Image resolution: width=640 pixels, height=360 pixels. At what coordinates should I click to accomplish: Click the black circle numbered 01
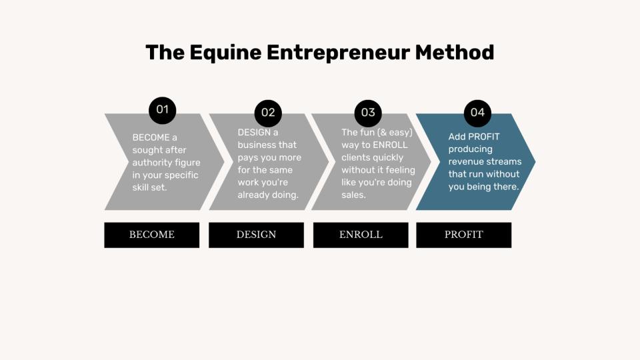point(163,110)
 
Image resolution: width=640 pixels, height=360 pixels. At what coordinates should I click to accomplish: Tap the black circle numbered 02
point(268,113)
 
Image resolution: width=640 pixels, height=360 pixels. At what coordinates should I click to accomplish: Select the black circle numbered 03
point(368,113)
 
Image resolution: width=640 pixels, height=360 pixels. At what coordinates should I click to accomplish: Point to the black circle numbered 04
point(477,113)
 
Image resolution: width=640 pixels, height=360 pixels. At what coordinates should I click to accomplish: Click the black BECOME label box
point(152,235)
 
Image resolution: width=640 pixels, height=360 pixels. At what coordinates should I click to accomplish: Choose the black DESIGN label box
point(256,235)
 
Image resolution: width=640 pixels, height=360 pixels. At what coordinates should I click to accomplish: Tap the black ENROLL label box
point(361,235)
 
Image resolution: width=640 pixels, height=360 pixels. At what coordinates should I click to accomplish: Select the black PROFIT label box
point(464,235)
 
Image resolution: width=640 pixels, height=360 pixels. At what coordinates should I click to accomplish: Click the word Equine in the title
point(225,53)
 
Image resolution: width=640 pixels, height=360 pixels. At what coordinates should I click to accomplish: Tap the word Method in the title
point(455,53)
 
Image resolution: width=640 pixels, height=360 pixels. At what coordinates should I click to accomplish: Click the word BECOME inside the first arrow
point(151,137)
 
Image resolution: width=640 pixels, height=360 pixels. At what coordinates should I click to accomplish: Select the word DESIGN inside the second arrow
point(253,132)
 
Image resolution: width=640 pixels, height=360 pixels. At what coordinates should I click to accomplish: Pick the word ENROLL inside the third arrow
point(390,145)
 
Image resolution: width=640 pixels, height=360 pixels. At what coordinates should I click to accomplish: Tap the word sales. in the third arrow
point(353,195)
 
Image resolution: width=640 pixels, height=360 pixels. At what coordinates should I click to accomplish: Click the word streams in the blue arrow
point(507,161)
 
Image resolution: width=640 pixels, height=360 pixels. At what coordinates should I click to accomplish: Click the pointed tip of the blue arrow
point(535,161)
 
